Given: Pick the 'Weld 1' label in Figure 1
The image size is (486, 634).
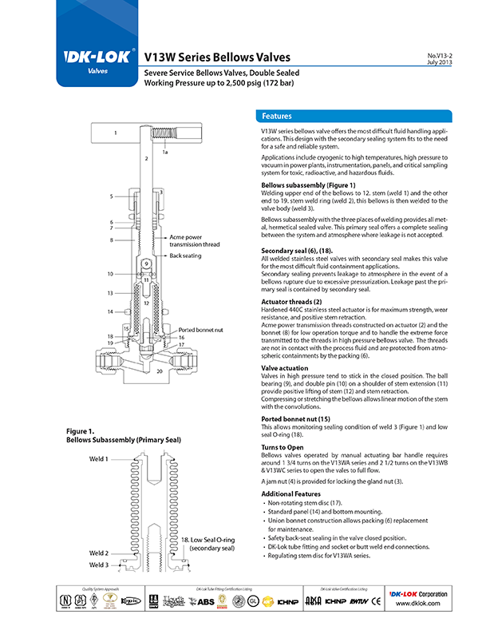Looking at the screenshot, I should point(99,460).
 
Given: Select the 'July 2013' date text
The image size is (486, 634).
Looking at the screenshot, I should point(441,62).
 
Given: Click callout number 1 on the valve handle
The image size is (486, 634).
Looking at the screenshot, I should point(116,132).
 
